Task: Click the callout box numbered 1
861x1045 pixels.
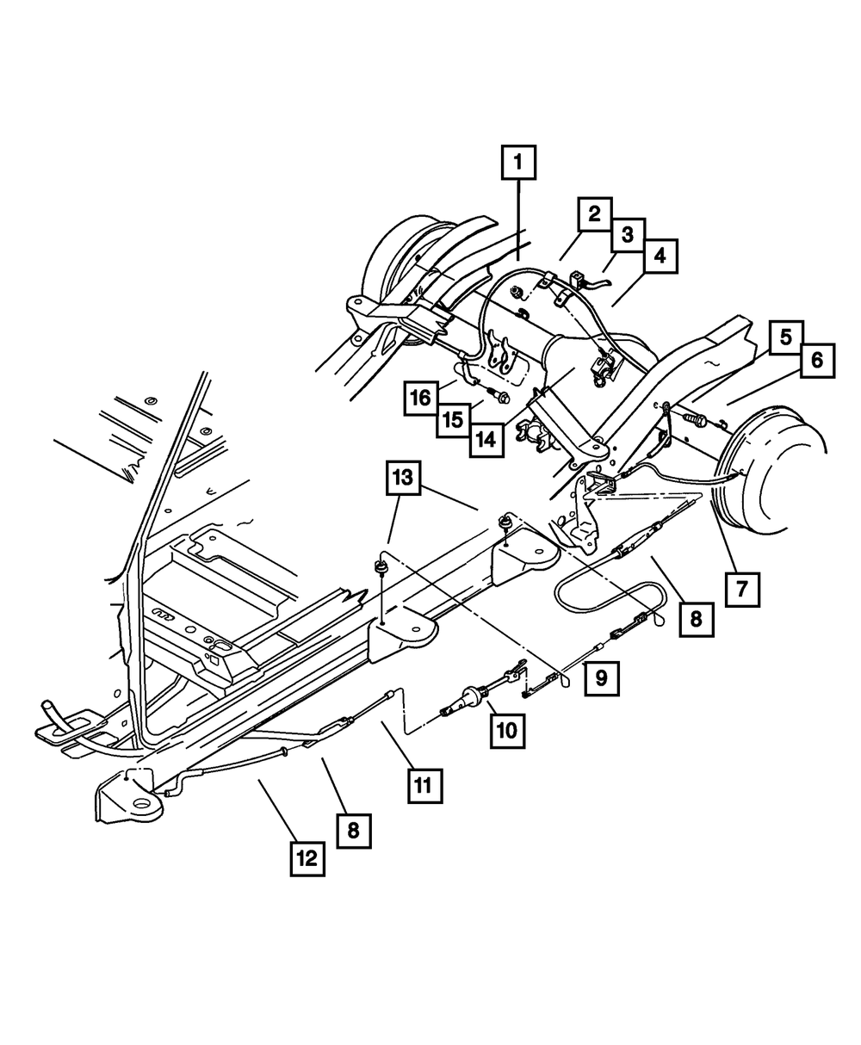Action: [x=518, y=163]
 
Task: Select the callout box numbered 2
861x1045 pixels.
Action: [x=594, y=215]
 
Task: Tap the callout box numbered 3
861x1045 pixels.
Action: [x=627, y=234]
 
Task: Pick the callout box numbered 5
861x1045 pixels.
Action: [x=785, y=338]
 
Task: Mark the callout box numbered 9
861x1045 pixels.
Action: [x=601, y=677]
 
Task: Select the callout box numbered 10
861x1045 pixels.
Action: [x=507, y=730]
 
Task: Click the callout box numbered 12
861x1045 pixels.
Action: [x=307, y=857]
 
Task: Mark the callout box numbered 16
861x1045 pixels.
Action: [x=421, y=398]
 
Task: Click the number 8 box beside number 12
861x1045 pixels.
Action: [x=354, y=831]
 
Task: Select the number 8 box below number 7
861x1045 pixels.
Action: [x=696, y=618]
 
